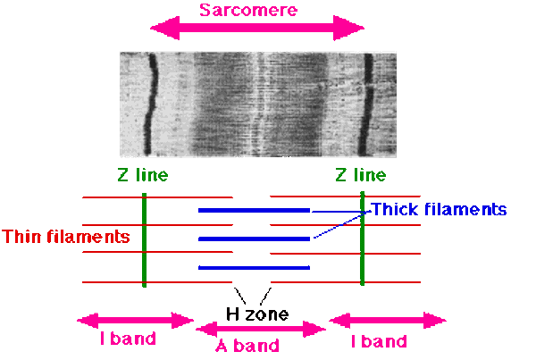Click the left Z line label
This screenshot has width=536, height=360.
[x=142, y=175]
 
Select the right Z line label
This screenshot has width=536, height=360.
[x=362, y=175]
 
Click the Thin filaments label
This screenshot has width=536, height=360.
[x=66, y=237]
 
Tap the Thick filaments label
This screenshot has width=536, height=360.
[x=439, y=210]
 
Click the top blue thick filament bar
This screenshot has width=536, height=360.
[x=254, y=210]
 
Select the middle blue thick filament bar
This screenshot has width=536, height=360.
[x=254, y=239]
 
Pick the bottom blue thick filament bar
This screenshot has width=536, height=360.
[x=254, y=267]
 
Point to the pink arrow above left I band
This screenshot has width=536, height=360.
[x=135, y=320]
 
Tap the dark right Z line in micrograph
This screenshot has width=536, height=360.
[x=367, y=103]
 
